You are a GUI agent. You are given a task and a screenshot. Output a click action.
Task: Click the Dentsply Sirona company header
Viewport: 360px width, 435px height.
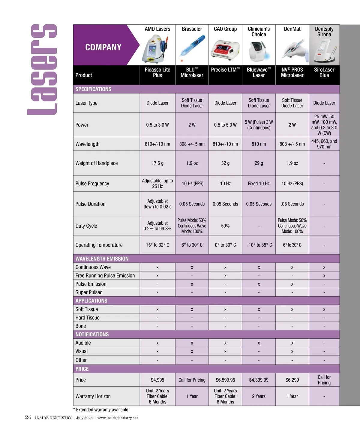point(324,31)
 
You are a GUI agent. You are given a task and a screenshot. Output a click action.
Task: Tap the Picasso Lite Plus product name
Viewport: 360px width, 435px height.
point(157,72)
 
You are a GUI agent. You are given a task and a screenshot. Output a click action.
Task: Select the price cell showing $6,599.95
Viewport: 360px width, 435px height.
point(225,380)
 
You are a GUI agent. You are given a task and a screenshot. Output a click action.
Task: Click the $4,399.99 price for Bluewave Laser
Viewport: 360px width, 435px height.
point(259,380)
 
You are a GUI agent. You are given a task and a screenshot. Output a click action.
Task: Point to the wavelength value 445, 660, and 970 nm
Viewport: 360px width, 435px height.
point(324,144)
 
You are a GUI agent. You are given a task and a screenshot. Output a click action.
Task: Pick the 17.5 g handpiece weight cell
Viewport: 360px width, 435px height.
point(157,163)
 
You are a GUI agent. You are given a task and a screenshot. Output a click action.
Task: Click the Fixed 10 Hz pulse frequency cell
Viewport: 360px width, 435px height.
point(259,183)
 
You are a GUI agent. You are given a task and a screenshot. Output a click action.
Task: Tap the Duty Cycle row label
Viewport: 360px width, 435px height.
point(86,226)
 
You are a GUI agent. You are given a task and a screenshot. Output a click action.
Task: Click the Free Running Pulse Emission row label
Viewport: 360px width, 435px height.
point(105,275)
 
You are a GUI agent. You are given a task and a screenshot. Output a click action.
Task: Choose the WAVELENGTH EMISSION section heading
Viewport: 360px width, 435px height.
point(102,259)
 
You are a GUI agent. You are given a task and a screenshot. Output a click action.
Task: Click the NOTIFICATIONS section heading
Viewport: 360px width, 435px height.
point(92,334)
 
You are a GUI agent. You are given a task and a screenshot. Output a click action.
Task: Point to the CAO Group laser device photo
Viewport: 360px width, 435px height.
point(225,49)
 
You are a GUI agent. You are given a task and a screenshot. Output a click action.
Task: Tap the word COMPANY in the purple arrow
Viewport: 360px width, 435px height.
point(103,47)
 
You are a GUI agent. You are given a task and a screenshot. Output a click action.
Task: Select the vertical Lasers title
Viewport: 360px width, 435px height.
point(42,70)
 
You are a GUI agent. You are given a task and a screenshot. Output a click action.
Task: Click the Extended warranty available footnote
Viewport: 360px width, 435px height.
point(101,409)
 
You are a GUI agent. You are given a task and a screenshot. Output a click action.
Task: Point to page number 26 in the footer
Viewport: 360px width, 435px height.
point(28,417)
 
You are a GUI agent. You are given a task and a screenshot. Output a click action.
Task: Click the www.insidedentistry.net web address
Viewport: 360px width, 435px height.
point(118,418)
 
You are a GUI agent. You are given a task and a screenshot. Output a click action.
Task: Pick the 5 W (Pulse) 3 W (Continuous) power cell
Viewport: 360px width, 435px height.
point(259,125)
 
